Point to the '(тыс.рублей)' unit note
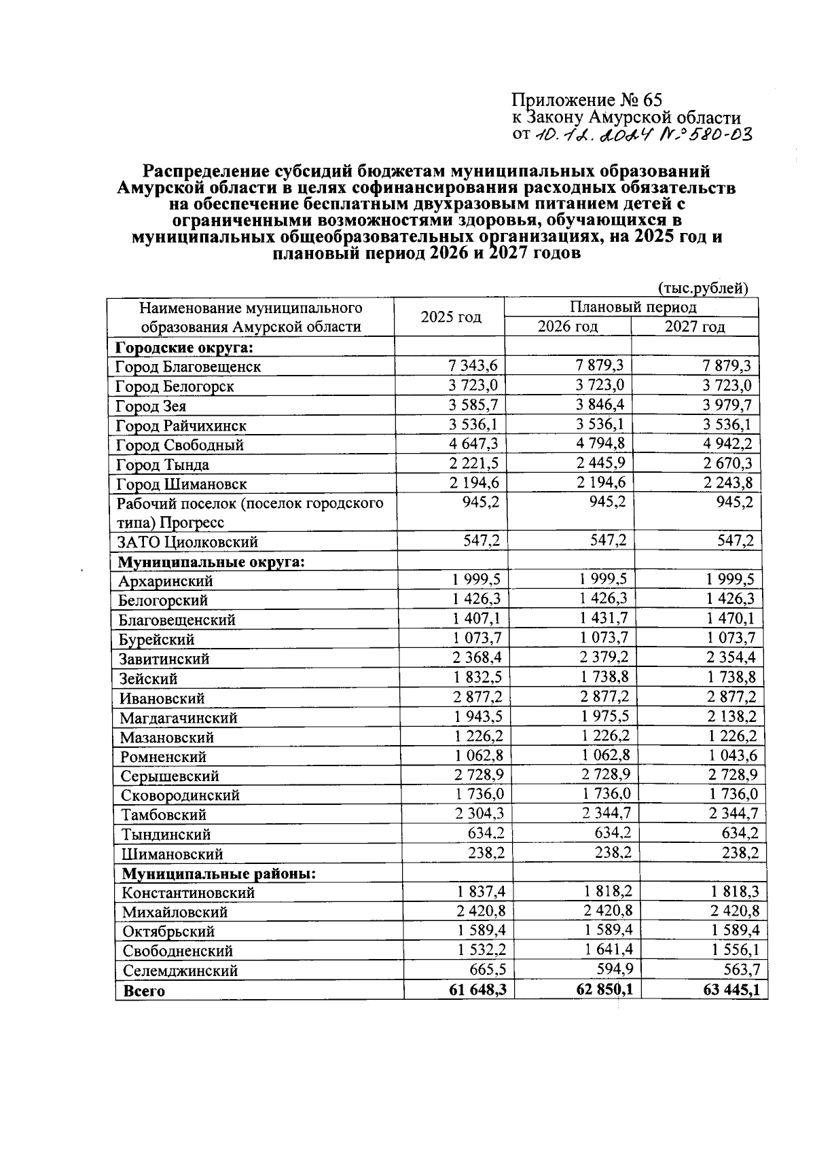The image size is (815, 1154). tap(703, 288)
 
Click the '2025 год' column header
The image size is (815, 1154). tap(450, 317)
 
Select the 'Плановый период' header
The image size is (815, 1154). tap(632, 307)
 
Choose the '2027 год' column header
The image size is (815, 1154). tap(694, 327)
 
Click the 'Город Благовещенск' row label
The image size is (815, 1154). tap(188, 367)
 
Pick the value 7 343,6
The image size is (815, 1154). tap(473, 366)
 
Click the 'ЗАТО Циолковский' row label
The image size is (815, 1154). tap(187, 543)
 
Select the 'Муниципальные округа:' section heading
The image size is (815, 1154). tap(211, 562)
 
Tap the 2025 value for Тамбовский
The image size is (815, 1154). tap(479, 814)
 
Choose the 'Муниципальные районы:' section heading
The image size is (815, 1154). tap(219, 873)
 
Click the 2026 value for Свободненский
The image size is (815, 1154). tap(606, 950)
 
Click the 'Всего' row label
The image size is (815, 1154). tap(144, 991)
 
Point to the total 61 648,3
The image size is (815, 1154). tap(477, 990)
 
